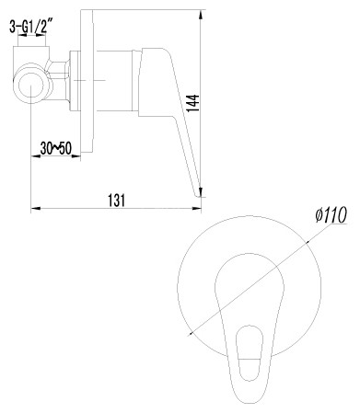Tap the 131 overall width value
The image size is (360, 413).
click(117, 200)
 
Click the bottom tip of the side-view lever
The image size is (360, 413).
click(200, 192)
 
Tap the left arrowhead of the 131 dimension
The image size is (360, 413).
click(36, 209)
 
